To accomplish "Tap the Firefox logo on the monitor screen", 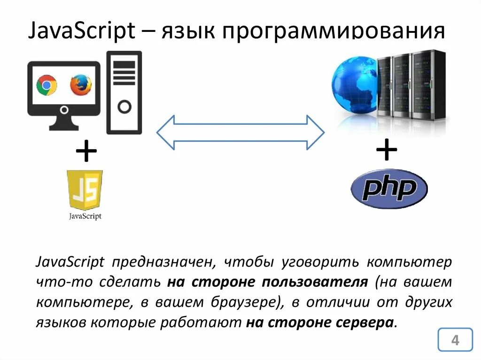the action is tap(81, 85).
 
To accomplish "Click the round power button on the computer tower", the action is tap(124, 107).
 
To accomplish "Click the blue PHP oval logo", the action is tap(389, 189).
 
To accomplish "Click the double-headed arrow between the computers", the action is tap(240, 132).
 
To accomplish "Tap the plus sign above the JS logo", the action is tap(86, 153).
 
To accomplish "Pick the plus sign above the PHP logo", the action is tap(387, 151).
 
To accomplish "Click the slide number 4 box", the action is tap(455, 340).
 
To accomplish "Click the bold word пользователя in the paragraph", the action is tap(315, 282).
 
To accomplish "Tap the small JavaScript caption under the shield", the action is tap(85, 216).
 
